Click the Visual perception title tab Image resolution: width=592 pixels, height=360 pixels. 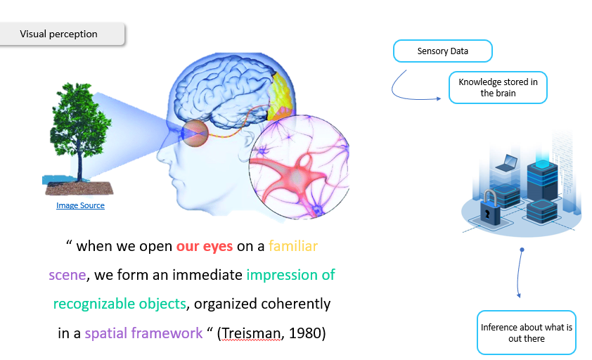[x=59, y=34]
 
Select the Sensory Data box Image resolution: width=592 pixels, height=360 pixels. [x=442, y=51]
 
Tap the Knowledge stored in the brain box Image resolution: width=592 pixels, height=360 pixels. [x=498, y=88]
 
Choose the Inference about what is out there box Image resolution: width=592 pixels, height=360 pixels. [x=527, y=333]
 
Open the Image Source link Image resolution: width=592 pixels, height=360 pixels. [x=80, y=205]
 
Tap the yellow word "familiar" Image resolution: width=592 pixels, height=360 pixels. [x=293, y=247]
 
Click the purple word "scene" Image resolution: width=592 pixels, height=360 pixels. [x=67, y=275]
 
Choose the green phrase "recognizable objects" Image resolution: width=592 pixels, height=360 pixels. [x=120, y=304]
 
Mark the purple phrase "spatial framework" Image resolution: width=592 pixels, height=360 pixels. [x=143, y=333]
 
